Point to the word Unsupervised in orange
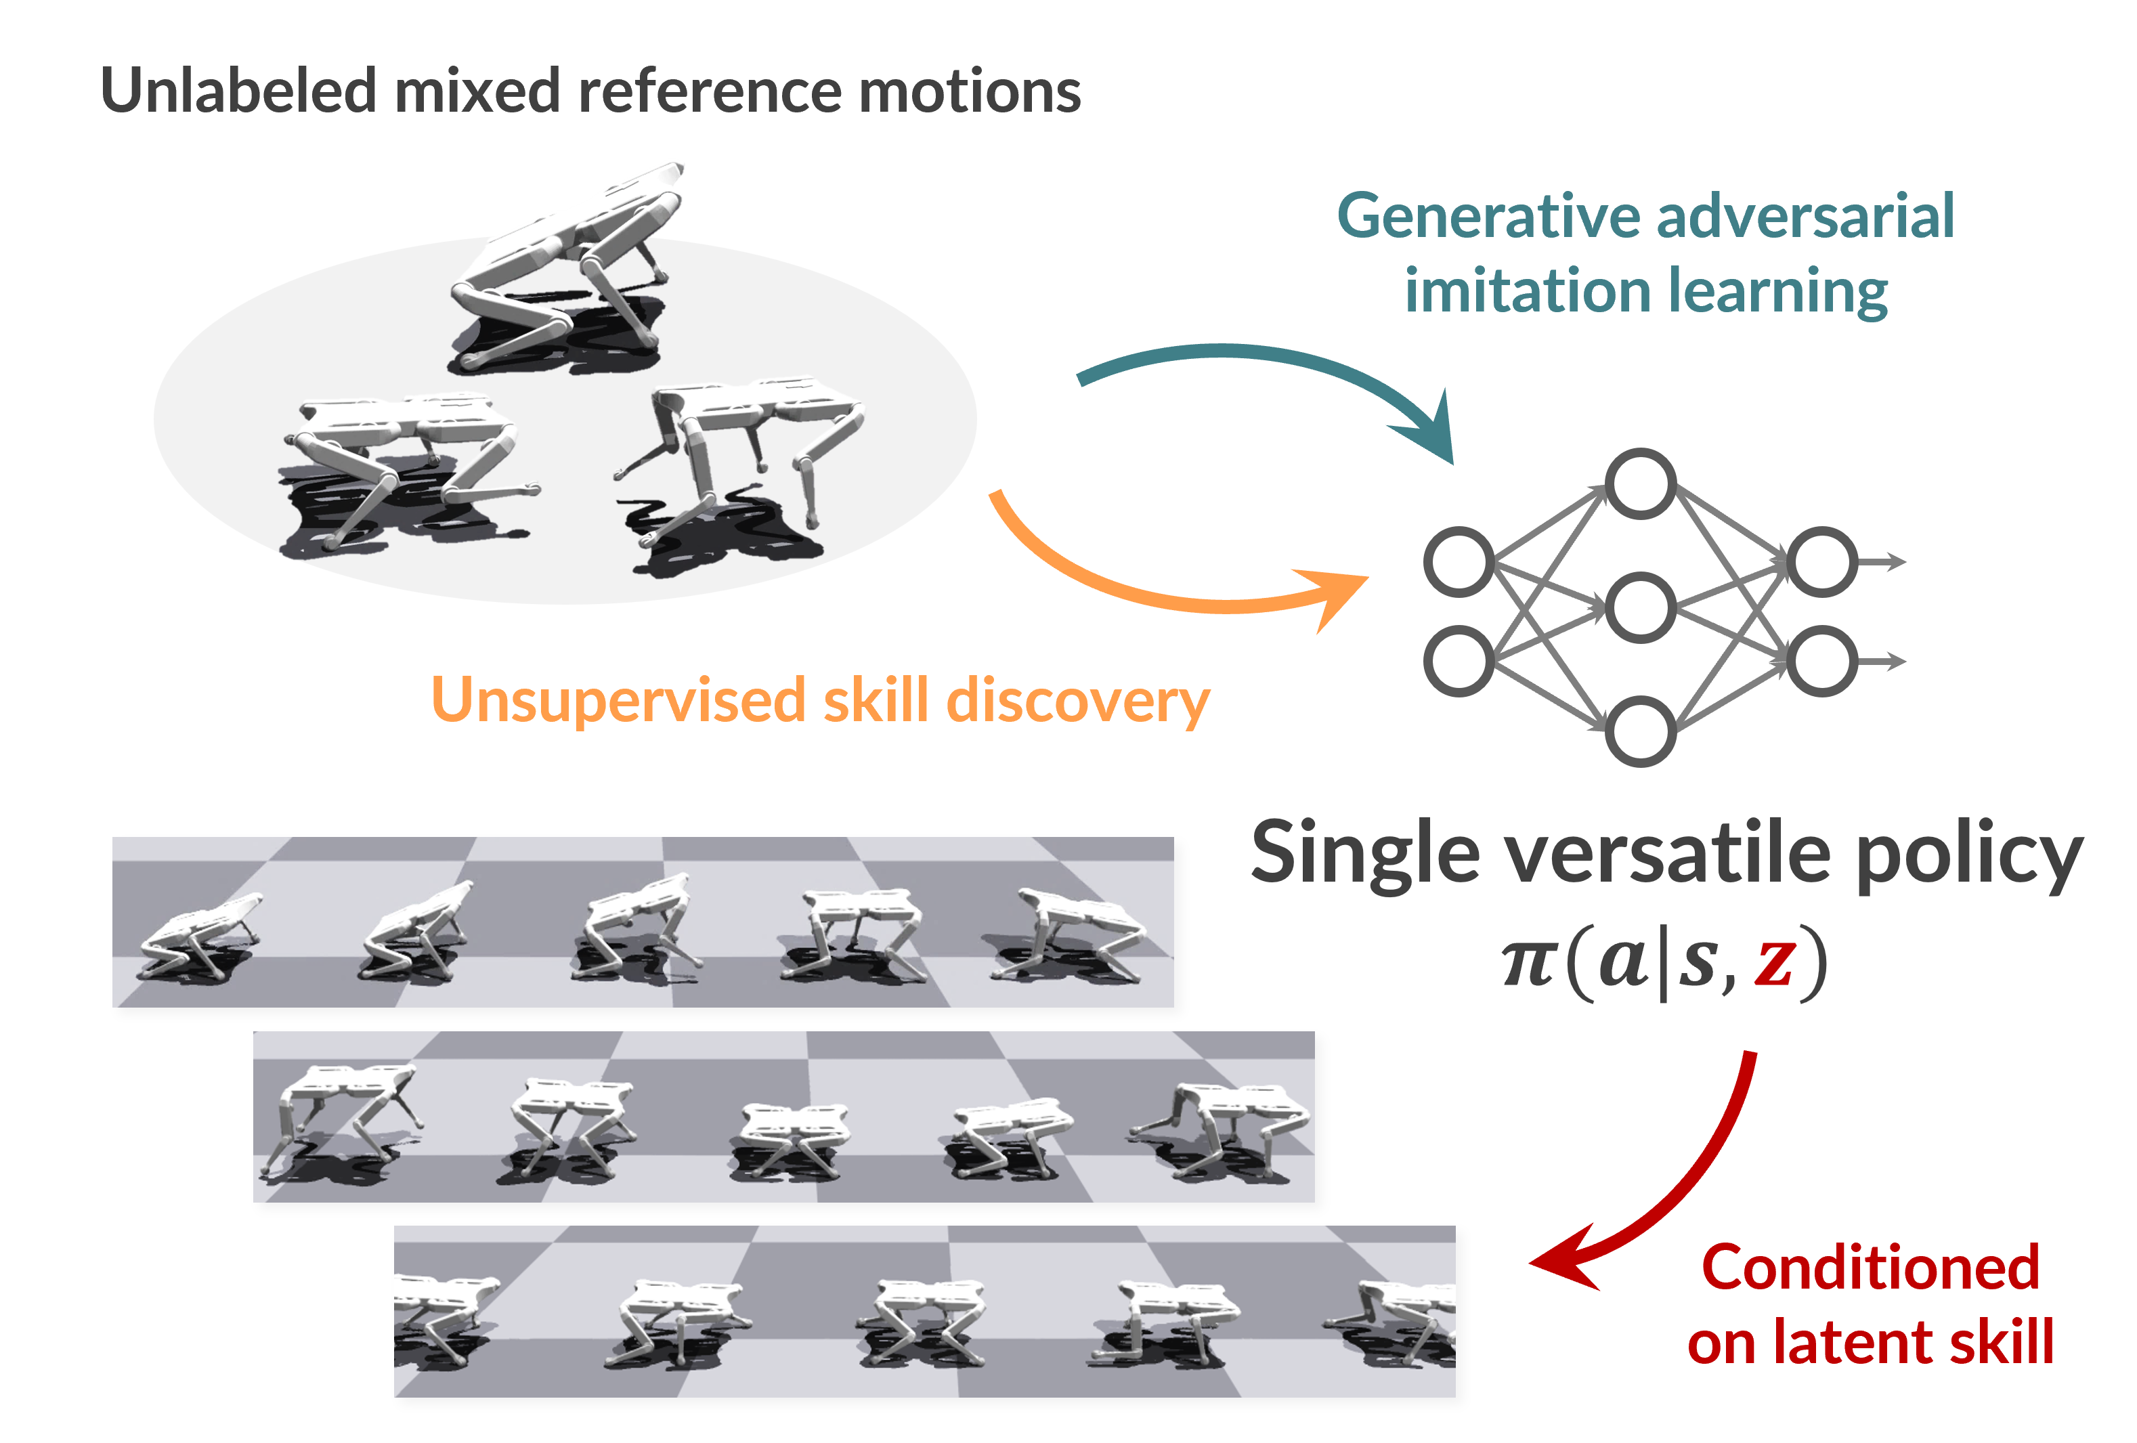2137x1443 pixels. [x=618, y=701]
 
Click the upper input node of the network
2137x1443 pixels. [x=1459, y=561]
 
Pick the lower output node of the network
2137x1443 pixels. [x=1821, y=660]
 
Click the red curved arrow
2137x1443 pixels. [x=1701, y=1186]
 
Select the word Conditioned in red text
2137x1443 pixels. [x=1870, y=1268]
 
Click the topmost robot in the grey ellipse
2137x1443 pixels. [x=565, y=276]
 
